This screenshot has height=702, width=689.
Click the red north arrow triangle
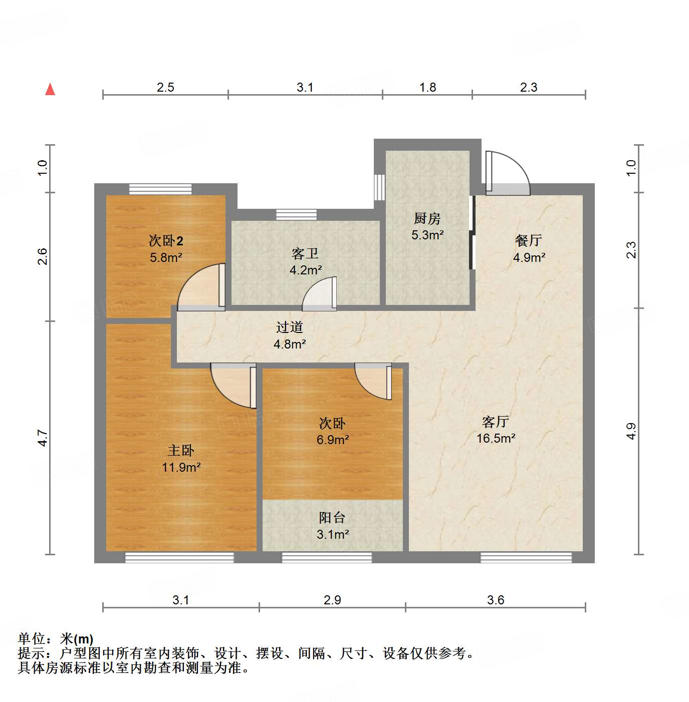[50, 90]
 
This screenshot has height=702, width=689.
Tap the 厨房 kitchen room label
[427, 219]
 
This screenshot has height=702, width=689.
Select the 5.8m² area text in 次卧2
[166, 257]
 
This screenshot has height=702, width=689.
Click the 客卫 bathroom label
[305, 254]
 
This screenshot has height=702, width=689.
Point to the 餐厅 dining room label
[529, 241]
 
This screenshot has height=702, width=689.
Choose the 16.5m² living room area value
[496, 438]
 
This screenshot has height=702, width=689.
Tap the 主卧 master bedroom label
[181, 451]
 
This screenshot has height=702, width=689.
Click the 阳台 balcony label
[332, 518]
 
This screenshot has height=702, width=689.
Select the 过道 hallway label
[290, 327]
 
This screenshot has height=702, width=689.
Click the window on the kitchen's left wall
[380, 187]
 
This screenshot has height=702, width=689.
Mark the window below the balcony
[327, 557]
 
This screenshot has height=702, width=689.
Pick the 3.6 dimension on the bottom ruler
[496, 600]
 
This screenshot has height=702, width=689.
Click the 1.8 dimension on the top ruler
[427, 87]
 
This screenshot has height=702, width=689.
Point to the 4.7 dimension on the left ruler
[43, 438]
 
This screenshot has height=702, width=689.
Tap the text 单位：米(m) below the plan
[56, 639]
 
